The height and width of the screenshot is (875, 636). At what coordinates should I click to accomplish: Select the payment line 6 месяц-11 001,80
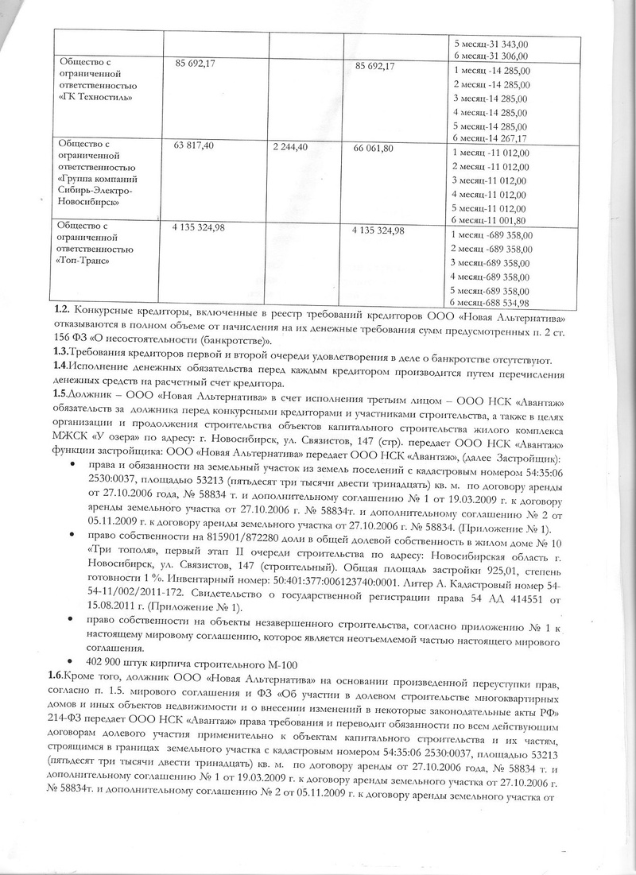490,220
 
